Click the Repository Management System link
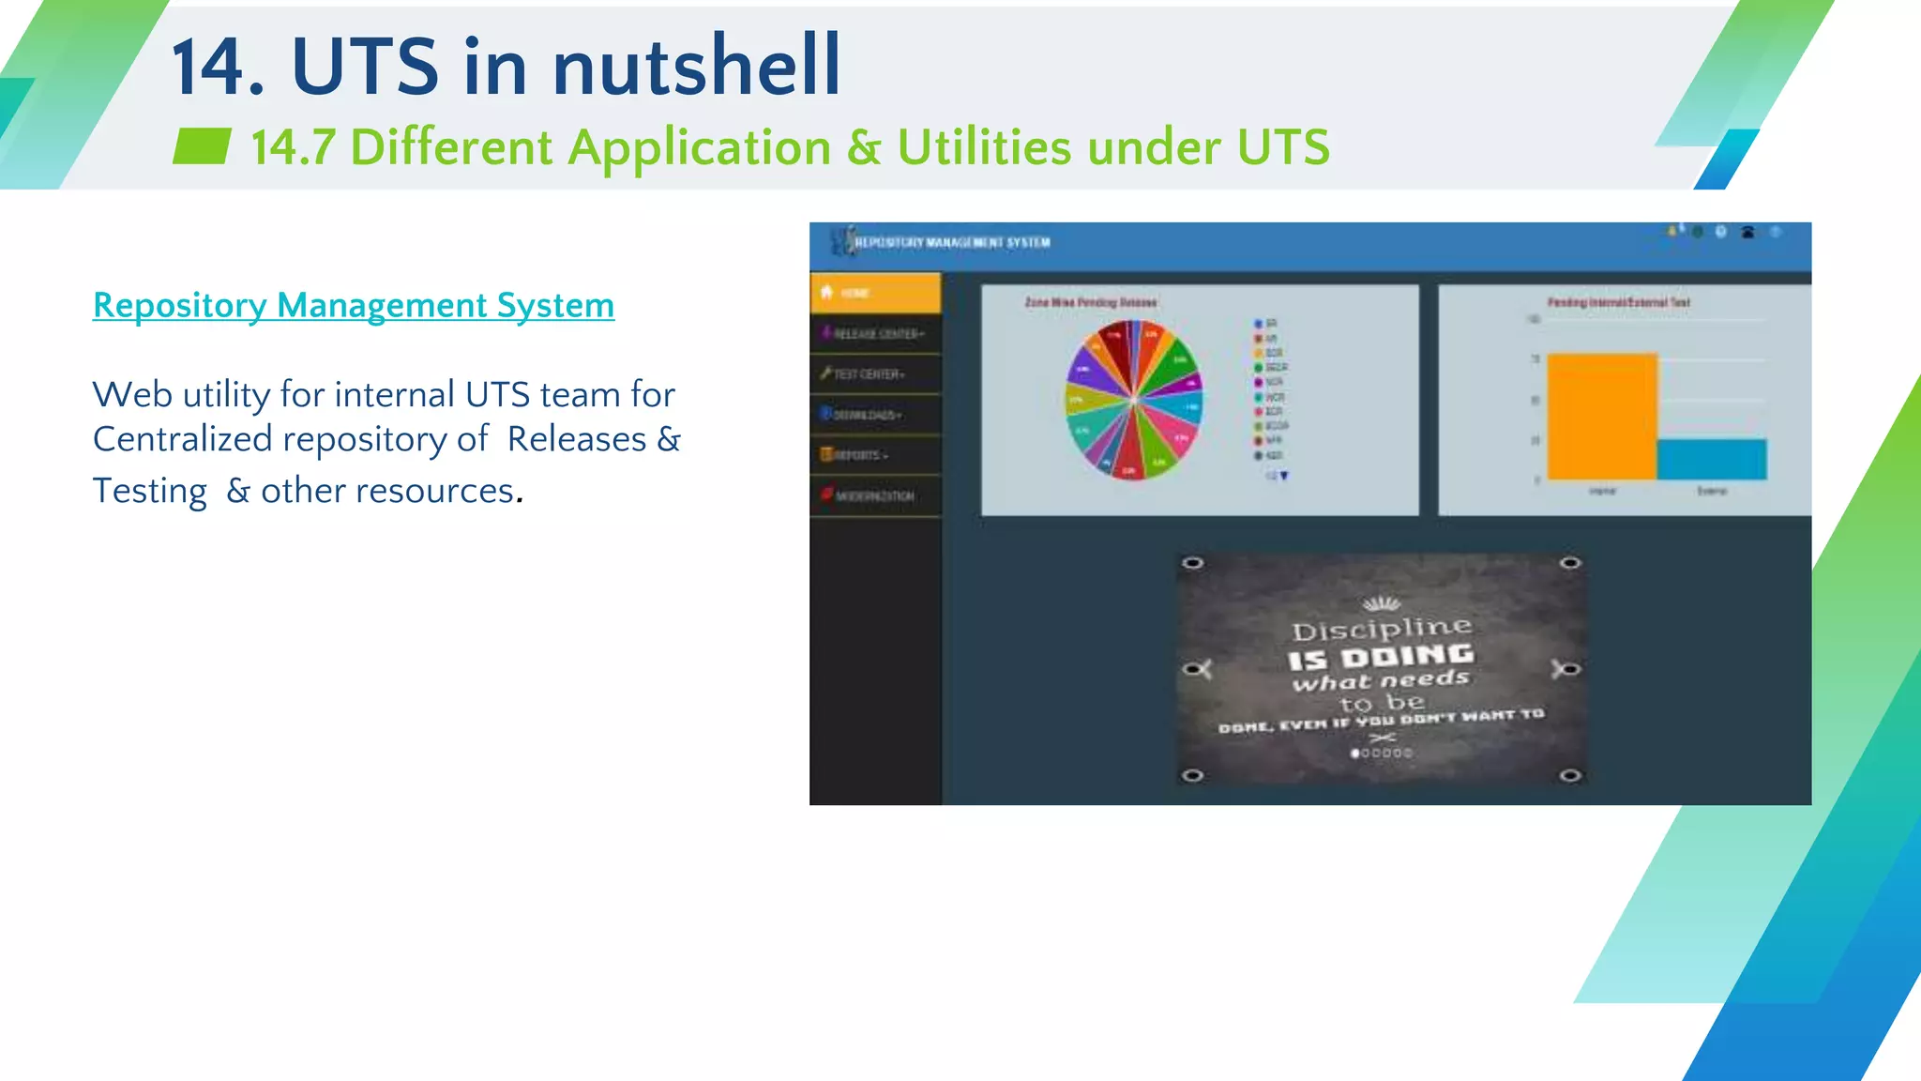coord(353,306)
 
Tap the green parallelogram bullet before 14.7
coord(202,146)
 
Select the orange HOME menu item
coord(874,293)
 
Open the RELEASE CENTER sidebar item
coord(876,334)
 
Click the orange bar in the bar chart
coord(1601,417)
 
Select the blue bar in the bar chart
coord(1711,460)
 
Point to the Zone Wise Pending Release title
coord(1090,302)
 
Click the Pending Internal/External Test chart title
coord(1618,302)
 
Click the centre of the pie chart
coord(1134,400)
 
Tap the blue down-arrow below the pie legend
coord(1284,476)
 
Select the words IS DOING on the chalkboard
coord(1381,657)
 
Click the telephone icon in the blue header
coord(1747,233)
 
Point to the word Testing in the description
coord(150,491)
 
